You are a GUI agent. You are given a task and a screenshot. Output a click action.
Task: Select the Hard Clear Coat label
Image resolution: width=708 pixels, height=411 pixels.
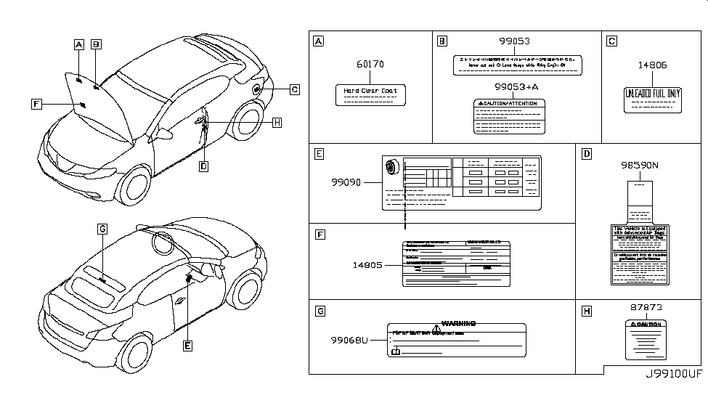pyautogui.click(x=370, y=94)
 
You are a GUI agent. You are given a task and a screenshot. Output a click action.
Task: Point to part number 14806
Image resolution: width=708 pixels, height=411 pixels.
pyautogui.click(x=652, y=65)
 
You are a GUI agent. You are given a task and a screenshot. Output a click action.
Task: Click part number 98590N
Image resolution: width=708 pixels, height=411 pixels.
pyautogui.click(x=639, y=165)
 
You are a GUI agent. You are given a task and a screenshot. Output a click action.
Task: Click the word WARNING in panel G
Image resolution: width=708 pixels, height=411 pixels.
pyautogui.click(x=458, y=323)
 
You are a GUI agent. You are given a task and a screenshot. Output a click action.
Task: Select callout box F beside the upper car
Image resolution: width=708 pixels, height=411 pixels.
pyautogui.click(x=36, y=104)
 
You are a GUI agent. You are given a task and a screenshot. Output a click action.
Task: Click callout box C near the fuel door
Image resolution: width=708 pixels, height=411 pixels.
pyautogui.click(x=295, y=89)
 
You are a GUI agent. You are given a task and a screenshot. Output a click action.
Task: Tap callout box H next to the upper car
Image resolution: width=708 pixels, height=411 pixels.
pyautogui.click(x=276, y=123)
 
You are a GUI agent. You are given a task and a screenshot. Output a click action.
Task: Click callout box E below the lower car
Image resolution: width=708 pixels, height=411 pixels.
pyautogui.click(x=187, y=347)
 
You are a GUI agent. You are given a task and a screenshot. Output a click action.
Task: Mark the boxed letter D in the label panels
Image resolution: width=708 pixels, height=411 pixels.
pyautogui.click(x=587, y=154)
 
